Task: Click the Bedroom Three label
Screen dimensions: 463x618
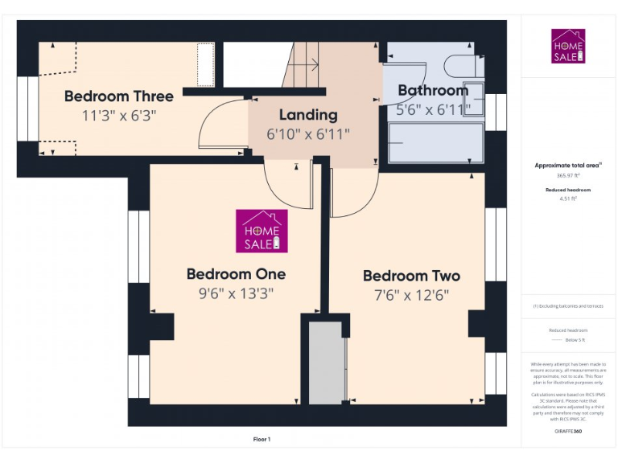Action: coord(118,96)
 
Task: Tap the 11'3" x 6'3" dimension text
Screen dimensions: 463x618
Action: coord(118,115)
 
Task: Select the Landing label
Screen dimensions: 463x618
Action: coord(308,115)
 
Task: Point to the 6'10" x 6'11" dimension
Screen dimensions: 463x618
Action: coord(308,134)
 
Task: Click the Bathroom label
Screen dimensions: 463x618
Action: coord(433,90)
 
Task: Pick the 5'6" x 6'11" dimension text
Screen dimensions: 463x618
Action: coord(434,109)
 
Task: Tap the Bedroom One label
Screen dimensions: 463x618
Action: coord(236,273)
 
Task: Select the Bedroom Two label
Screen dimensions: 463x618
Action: coord(411,276)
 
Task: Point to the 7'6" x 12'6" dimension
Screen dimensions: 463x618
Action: coord(411,295)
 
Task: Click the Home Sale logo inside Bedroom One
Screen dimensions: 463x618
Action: coord(262,231)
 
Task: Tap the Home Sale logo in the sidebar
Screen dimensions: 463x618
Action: coord(568,46)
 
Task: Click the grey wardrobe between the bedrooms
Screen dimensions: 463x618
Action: coord(326,363)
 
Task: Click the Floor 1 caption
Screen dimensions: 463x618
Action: coord(262,439)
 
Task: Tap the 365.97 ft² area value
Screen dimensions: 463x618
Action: coord(568,175)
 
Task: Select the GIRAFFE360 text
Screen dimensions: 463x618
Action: coord(568,432)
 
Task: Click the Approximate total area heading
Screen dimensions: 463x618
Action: coord(568,165)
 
